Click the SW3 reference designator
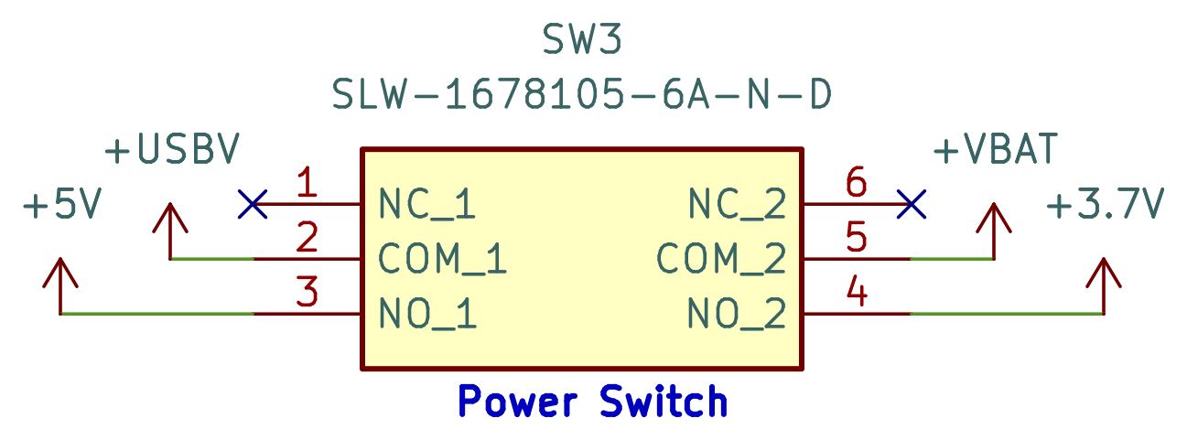pos(583,40)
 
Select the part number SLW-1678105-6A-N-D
pos(583,94)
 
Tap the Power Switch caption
pos(593,401)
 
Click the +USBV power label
pos(173,150)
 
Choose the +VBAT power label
pos(996,150)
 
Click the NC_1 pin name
pos(427,206)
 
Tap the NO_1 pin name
pos(427,316)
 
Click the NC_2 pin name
pos(737,206)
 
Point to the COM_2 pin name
pos(721,261)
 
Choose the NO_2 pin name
pos(737,316)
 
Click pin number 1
pos(308,184)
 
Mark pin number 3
pos(308,294)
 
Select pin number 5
pos(856,239)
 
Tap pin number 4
pos(856,294)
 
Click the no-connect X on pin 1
pos(253,204)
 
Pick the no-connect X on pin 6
pos(912,204)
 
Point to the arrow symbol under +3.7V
pos(1105,274)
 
